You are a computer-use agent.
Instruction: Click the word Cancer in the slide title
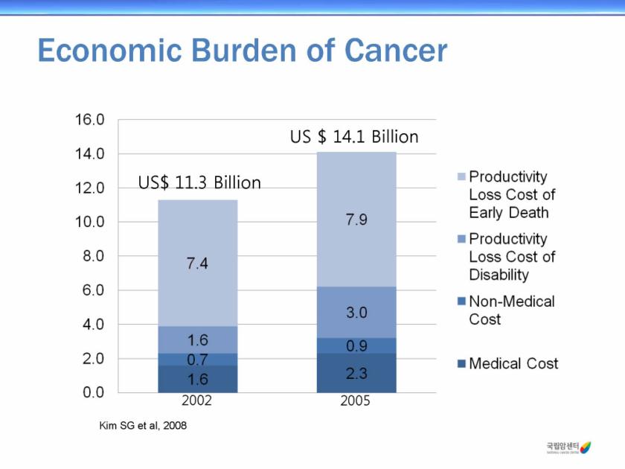click(x=396, y=51)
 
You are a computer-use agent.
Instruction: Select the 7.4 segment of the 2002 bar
click(x=197, y=263)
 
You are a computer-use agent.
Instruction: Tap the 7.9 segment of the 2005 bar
click(x=356, y=220)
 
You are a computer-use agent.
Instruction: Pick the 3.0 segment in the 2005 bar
click(x=356, y=313)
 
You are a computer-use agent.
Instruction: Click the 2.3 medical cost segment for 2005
click(x=356, y=373)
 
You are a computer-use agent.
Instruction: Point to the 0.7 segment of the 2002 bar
click(x=197, y=360)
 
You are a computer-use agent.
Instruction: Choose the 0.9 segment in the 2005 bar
click(x=356, y=346)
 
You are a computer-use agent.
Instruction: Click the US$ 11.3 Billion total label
click(x=199, y=182)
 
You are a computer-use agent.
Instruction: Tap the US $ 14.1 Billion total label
click(x=353, y=137)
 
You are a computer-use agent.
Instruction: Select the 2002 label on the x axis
click(x=197, y=401)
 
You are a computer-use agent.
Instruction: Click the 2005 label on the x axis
click(x=356, y=401)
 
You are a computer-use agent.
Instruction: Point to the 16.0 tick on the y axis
click(x=89, y=120)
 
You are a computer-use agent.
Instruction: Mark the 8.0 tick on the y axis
click(x=89, y=256)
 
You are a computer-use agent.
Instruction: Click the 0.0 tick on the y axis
click(x=89, y=392)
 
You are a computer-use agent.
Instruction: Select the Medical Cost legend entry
click(x=513, y=364)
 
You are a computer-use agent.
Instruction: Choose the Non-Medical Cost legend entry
click(x=511, y=310)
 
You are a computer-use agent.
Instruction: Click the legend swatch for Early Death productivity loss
click(x=461, y=178)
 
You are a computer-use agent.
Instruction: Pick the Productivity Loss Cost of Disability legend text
click(x=512, y=257)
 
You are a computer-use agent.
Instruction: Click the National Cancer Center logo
click(x=568, y=447)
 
